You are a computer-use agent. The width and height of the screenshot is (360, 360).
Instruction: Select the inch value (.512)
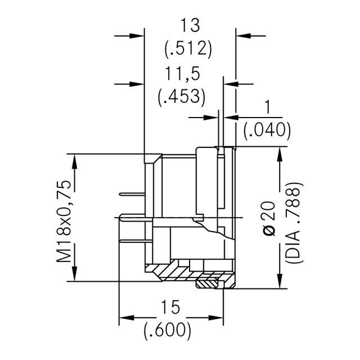click(x=188, y=49)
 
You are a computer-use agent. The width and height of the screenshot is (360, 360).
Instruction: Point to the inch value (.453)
click(x=180, y=97)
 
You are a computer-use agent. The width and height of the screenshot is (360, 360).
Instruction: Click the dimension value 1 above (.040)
click(x=267, y=107)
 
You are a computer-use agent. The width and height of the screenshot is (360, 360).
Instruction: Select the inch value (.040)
click(x=267, y=130)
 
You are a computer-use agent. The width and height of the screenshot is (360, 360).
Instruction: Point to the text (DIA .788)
click(x=293, y=223)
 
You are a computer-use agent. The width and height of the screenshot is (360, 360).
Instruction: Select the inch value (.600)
click(x=168, y=329)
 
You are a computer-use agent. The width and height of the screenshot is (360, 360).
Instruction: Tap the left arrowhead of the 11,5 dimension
click(x=138, y=84)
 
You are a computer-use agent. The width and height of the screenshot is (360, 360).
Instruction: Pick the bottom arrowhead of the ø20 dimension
click(x=279, y=282)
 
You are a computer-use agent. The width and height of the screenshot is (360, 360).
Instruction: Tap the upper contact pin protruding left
click(x=133, y=195)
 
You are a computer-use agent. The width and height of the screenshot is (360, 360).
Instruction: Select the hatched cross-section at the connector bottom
click(x=169, y=273)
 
